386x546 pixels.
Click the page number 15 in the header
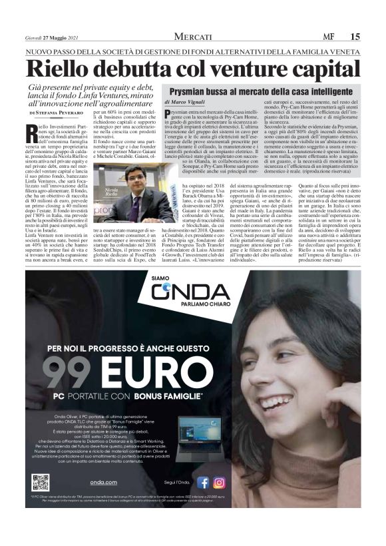pos(355,37)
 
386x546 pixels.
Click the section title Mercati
pos(192,37)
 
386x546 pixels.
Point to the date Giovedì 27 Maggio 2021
pos(53,37)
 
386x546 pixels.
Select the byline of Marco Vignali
pos(187,103)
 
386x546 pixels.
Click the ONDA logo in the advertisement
pos(190,292)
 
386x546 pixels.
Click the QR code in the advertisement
pos(41,482)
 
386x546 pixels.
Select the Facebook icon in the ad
pos(203,483)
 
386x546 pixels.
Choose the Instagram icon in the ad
pos(218,483)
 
